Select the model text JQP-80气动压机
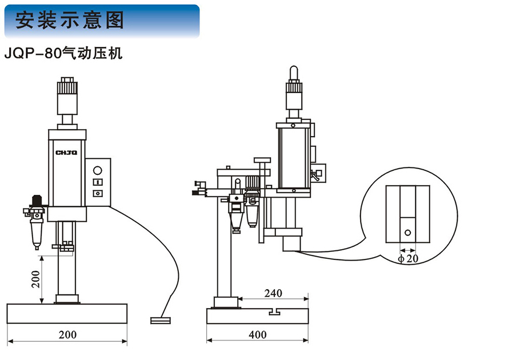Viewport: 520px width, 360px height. pos(62,54)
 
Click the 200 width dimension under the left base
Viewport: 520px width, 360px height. pos(67,334)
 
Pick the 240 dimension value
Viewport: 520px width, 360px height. pos(273,293)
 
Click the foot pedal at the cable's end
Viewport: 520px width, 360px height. pos(160,320)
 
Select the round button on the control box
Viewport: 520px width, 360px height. pos(97,170)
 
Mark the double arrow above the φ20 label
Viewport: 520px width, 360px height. pos(407,250)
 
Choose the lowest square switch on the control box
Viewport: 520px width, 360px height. pos(97,194)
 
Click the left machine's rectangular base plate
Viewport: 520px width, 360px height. pos(67,314)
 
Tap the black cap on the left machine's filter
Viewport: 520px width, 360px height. pos(36,200)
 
